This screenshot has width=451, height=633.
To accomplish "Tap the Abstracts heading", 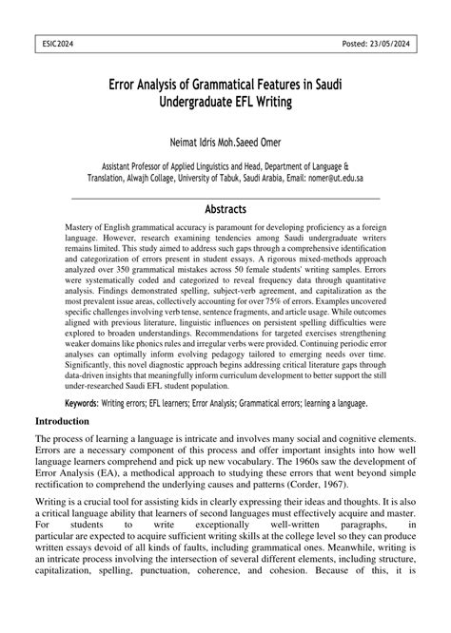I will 225,209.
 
